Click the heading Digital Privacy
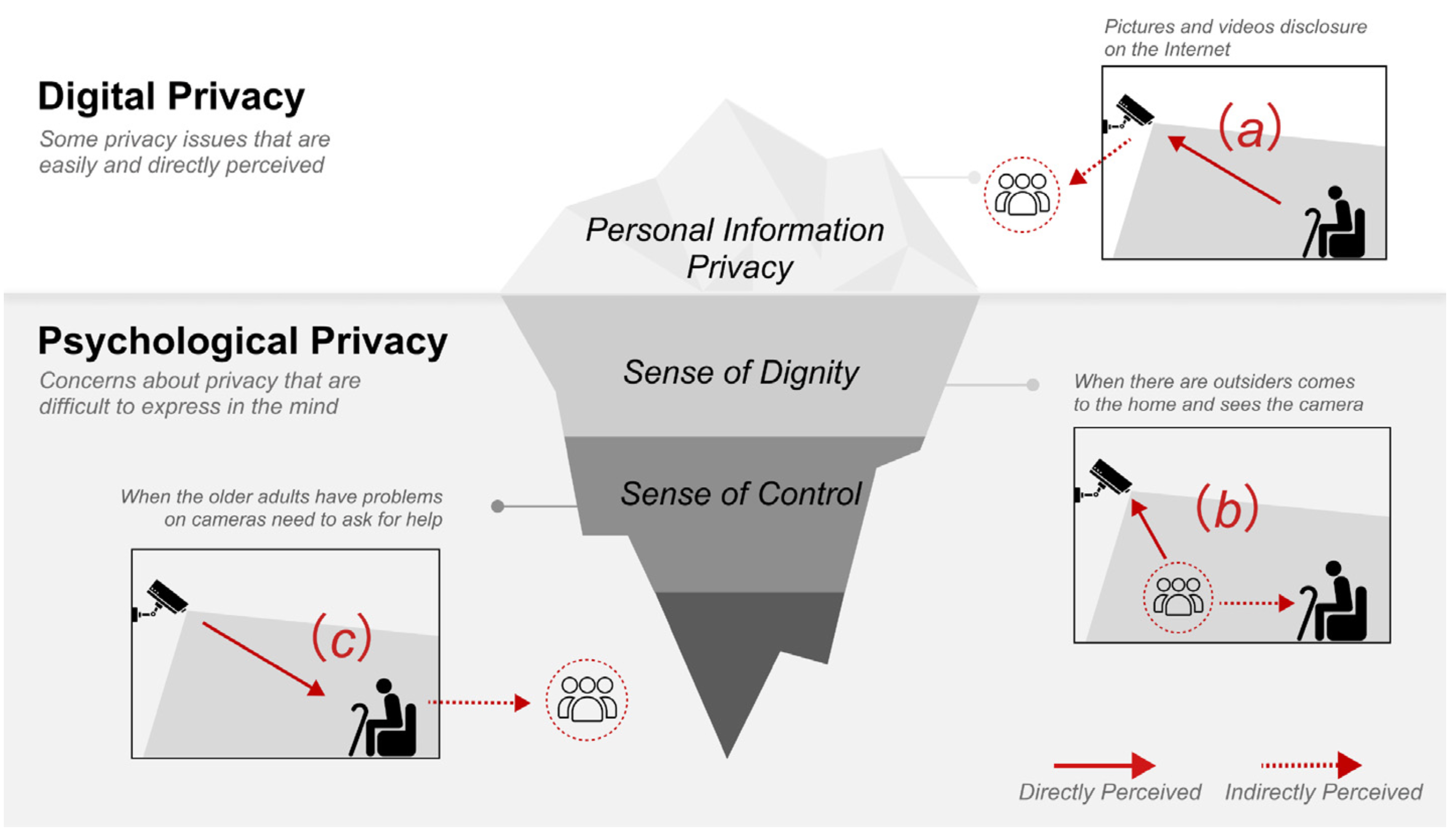[171, 97]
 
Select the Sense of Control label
[741, 494]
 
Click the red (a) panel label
[1249, 128]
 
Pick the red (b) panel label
[1227, 507]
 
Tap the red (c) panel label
[342, 637]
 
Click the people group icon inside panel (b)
[1178, 597]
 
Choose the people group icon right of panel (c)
[586, 700]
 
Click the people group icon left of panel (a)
[1022, 195]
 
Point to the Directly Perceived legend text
[1109, 792]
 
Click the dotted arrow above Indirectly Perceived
[1311, 765]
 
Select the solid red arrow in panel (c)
[263, 659]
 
